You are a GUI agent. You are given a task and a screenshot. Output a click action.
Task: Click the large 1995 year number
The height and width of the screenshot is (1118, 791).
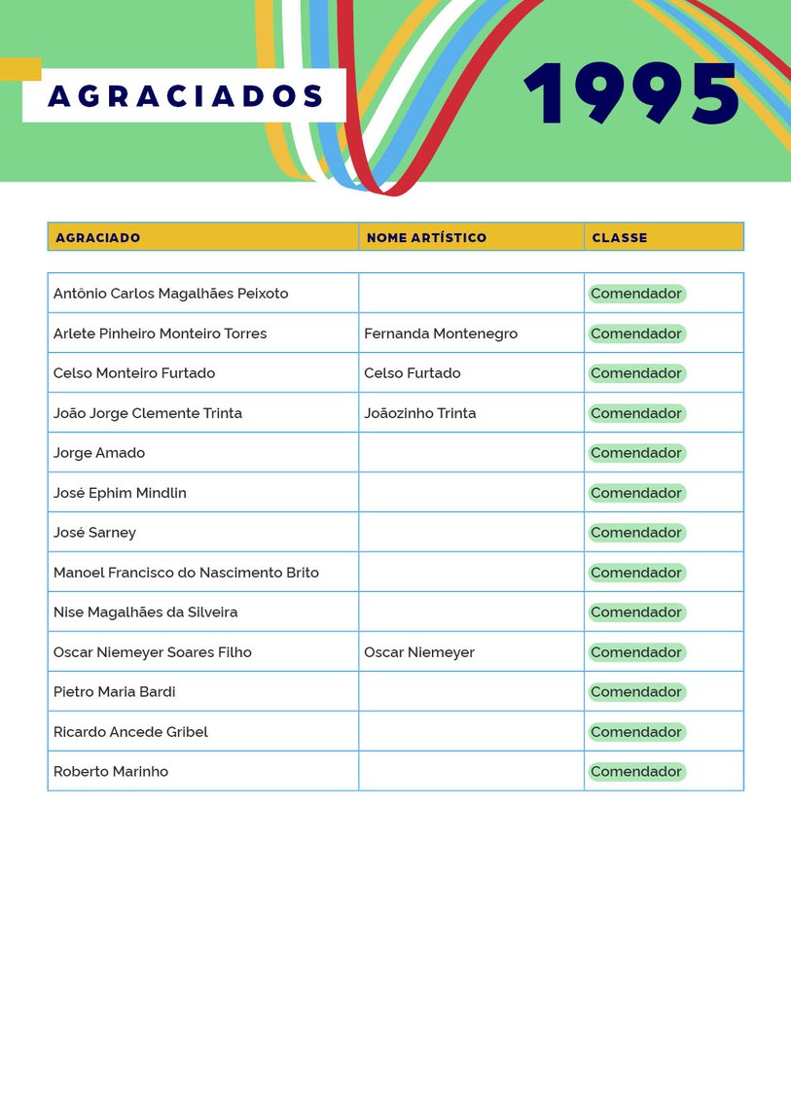click(632, 93)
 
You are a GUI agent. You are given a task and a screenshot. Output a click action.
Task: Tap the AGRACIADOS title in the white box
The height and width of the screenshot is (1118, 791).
click(185, 96)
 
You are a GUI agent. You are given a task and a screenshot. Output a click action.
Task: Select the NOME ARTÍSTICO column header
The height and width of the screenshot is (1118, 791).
click(426, 237)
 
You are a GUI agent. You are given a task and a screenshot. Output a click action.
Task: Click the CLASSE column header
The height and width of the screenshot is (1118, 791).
click(620, 237)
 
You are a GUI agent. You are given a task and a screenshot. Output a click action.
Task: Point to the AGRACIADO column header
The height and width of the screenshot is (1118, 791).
click(97, 237)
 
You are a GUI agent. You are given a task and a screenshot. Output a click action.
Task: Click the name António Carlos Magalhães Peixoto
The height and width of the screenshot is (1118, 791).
click(170, 294)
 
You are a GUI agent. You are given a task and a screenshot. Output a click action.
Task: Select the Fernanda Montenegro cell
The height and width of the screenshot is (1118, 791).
click(441, 333)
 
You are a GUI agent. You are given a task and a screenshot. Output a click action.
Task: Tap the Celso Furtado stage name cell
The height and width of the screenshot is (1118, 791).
click(413, 373)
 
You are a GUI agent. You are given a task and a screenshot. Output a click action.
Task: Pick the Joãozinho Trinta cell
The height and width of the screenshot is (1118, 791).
click(420, 413)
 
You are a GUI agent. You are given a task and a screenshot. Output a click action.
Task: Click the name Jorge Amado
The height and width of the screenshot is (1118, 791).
click(99, 453)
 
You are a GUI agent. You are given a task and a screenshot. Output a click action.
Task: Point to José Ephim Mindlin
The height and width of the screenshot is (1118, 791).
click(120, 493)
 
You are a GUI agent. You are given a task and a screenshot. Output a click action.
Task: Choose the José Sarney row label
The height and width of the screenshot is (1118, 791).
click(94, 533)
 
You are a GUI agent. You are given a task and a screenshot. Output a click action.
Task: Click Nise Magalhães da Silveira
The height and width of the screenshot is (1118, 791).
click(145, 612)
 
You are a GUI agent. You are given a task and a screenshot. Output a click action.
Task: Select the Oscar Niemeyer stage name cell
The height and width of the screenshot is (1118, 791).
click(419, 652)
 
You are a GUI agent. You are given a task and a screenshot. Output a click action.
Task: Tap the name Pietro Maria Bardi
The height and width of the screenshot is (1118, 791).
click(114, 692)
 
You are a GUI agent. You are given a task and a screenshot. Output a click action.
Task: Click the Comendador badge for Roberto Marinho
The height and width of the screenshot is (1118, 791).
click(636, 772)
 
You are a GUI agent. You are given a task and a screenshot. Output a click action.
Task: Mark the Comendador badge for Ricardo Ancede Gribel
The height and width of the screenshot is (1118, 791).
click(636, 732)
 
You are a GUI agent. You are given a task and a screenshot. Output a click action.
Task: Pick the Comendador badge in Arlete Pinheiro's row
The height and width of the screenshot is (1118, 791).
click(636, 333)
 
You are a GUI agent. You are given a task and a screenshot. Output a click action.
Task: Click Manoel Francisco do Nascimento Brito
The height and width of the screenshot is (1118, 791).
click(186, 573)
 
